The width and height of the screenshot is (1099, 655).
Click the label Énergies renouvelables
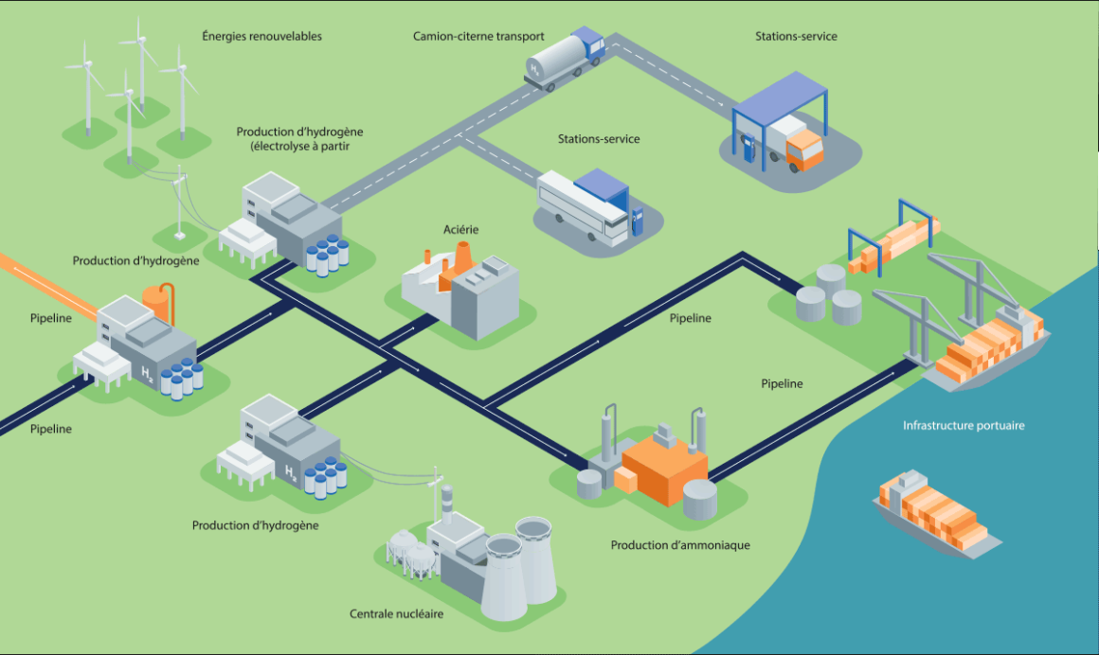click(x=261, y=36)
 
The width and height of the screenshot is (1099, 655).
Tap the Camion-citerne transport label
click(x=478, y=36)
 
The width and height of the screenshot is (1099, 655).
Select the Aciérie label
click(x=461, y=230)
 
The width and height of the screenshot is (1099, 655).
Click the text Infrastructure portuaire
click(x=964, y=425)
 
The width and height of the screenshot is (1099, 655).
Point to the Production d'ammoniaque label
click(x=680, y=545)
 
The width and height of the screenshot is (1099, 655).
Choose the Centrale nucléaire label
click(x=397, y=614)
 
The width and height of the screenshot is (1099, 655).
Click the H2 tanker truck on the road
click(x=565, y=59)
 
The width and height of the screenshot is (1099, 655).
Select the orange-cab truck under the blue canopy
click(x=794, y=144)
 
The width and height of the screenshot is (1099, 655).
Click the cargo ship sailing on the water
click(x=936, y=513)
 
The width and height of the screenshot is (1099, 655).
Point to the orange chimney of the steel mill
click(x=462, y=257)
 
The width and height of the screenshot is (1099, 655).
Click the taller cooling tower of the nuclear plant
click(x=536, y=559)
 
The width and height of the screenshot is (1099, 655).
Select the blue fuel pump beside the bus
click(x=637, y=221)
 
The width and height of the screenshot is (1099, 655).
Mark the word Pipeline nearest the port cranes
click(x=783, y=384)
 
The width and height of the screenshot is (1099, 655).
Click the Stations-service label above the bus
click(x=599, y=139)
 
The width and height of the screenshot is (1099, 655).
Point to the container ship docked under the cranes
click(x=987, y=350)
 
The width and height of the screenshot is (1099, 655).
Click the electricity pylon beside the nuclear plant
click(x=436, y=494)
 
